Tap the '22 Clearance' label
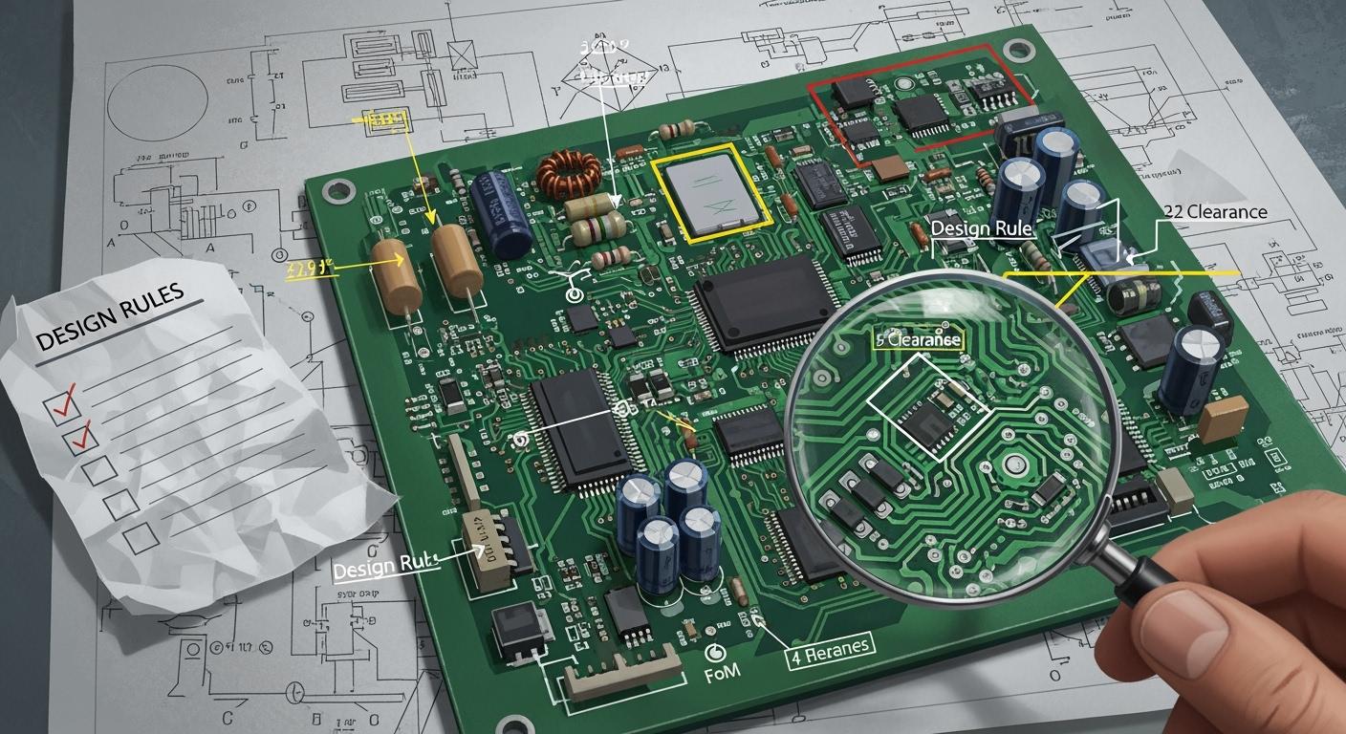(x=1215, y=212)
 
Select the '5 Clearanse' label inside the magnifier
(x=918, y=338)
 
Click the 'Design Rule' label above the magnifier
(x=981, y=228)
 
